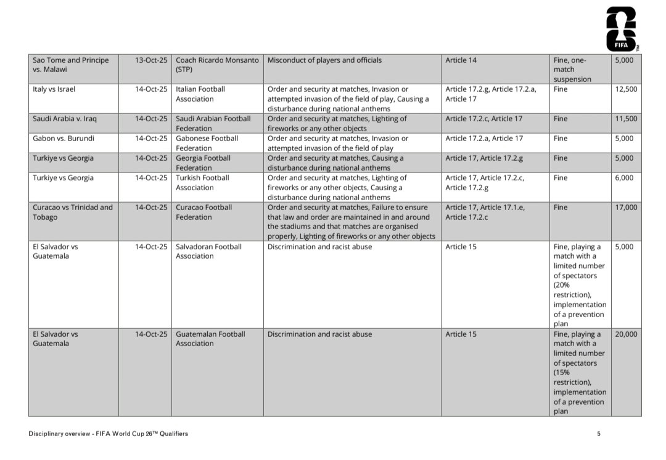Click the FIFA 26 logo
point(621,28)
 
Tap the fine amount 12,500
point(626,89)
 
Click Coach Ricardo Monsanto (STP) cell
point(217,65)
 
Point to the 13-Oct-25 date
point(151,60)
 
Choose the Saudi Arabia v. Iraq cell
point(65,119)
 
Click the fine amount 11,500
point(626,119)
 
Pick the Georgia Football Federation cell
point(203,163)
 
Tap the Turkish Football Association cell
point(202,182)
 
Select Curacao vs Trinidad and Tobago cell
point(73,212)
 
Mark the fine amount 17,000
point(626,208)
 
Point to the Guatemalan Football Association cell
point(210,339)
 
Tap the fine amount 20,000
point(626,334)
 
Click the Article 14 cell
point(461,60)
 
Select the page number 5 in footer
point(599,434)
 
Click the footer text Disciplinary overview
point(108,434)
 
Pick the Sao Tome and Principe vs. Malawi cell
point(70,65)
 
